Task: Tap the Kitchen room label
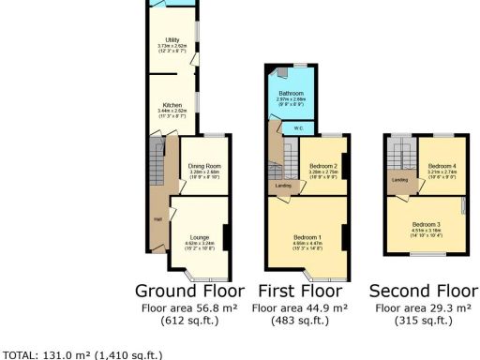pyautogui.click(x=172, y=105)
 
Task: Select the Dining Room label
pyautogui.click(x=203, y=166)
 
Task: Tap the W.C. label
pyautogui.click(x=297, y=128)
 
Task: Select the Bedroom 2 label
pyautogui.click(x=322, y=166)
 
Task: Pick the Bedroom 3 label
pyautogui.click(x=426, y=224)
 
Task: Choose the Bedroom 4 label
pyautogui.click(x=432, y=166)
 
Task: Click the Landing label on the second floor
pyautogui.click(x=398, y=180)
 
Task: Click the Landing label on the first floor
pyautogui.click(x=281, y=186)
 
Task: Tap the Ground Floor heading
pyautogui.click(x=189, y=290)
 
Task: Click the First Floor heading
pyautogui.click(x=300, y=290)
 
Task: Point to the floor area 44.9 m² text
pyautogui.click(x=300, y=307)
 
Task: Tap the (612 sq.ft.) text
pyautogui.click(x=189, y=321)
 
